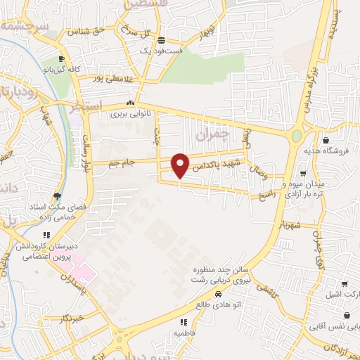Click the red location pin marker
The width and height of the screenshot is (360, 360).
pos(181,165)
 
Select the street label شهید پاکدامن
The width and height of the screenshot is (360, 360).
pos(218,163)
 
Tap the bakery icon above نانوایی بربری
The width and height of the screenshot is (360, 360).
pos(130,103)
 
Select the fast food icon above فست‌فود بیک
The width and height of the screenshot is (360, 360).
pos(162,40)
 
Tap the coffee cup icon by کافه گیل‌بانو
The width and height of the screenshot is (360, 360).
pos(62,58)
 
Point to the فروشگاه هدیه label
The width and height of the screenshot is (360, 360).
pos(323,150)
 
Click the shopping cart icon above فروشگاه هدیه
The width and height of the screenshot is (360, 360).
pos(324,140)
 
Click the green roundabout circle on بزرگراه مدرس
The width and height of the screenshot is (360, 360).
pos(297,136)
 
